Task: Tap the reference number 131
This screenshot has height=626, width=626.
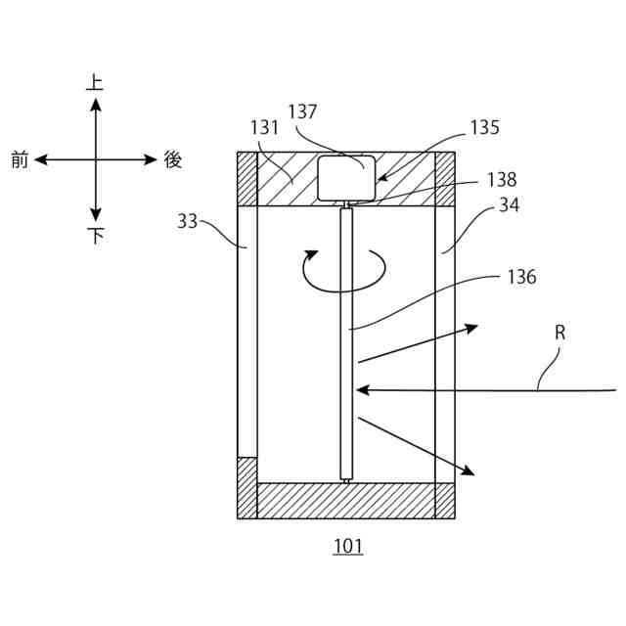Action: (265, 127)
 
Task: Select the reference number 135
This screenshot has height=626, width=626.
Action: (484, 127)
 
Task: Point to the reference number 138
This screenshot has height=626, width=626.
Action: (500, 180)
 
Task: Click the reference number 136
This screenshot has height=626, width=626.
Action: (522, 277)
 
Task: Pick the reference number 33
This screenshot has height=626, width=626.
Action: (188, 222)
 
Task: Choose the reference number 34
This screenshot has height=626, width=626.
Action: (509, 205)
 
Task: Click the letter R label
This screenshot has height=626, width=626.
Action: (560, 333)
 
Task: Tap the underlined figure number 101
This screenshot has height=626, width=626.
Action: (347, 547)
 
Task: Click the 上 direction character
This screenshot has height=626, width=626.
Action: (95, 84)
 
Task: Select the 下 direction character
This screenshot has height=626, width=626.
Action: (96, 236)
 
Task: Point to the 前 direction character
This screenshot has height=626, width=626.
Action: (20, 160)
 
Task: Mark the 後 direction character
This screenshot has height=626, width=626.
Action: (173, 160)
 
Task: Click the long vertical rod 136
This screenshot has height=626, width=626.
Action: (345, 342)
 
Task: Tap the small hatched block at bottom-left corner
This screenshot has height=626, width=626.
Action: (246, 487)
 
